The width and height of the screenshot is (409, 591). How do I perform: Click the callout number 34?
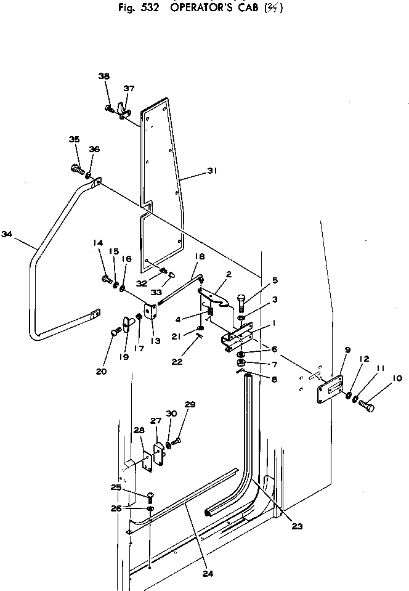coord(7,234)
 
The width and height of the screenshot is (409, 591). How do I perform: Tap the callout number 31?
coord(212,172)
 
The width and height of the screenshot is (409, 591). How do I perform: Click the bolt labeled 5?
coord(241,303)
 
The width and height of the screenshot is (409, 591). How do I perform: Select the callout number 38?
coord(103,76)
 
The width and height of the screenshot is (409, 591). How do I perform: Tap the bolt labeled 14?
coord(105,279)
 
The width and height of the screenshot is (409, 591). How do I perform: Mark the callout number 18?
coord(199,256)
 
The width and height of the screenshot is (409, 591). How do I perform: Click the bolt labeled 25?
coord(150,496)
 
